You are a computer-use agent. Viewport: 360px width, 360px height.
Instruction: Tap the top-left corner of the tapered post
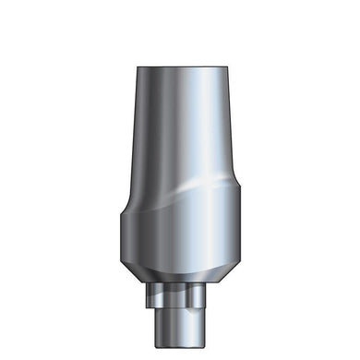[x=137, y=68]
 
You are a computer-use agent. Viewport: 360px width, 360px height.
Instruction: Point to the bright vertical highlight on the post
[x=199, y=129]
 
